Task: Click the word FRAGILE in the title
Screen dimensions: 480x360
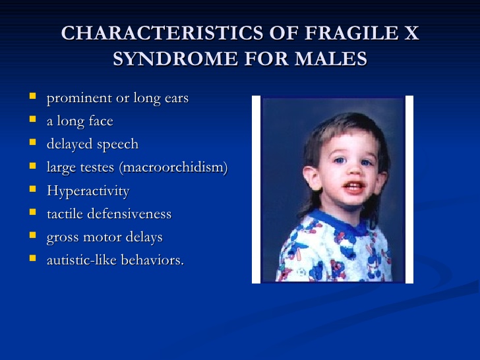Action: pyautogui.click(x=351, y=33)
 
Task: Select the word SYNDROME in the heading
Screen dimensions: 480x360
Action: pyautogui.click(x=175, y=59)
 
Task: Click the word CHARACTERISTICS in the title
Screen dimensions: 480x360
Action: pyautogui.click(x=162, y=33)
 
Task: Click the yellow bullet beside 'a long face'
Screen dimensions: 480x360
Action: pyautogui.click(x=33, y=119)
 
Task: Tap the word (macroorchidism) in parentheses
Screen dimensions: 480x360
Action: pyautogui.click(x=173, y=167)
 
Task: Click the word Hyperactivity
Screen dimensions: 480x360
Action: pyautogui.click(x=88, y=191)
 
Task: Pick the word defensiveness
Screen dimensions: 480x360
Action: pyautogui.click(x=129, y=214)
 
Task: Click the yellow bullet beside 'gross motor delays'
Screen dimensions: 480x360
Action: pyautogui.click(x=33, y=235)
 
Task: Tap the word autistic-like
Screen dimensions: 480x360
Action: pyautogui.click(x=82, y=260)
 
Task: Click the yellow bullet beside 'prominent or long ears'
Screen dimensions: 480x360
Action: pyautogui.click(x=33, y=96)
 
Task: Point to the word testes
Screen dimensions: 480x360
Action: pyautogui.click(x=97, y=167)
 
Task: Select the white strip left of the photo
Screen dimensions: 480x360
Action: pyautogui.click(x=256, y=189)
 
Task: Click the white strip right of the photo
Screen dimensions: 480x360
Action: pyautogui.click(x=409, y=189)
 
